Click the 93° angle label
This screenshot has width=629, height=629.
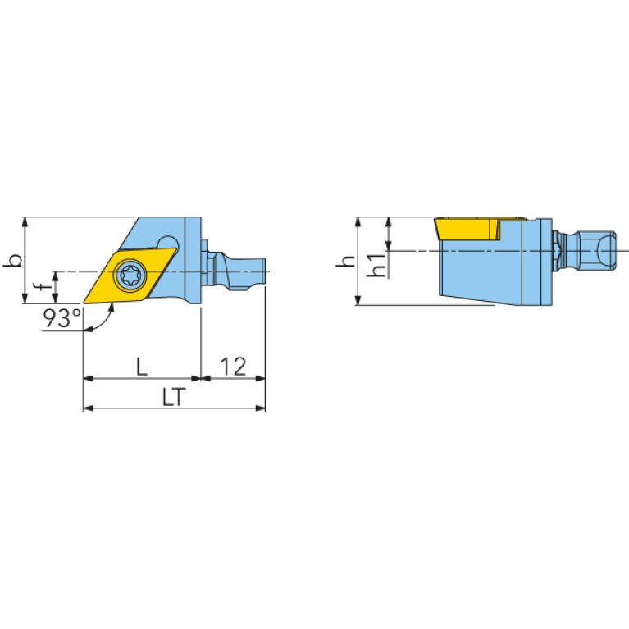[62, 318]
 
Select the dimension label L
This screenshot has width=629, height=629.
[142, 367]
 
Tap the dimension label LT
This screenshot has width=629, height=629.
[174, 397]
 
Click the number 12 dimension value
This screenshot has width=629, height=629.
[233, 367]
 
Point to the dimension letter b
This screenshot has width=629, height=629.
[12, 260]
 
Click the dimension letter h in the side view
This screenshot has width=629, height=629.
[345, 261]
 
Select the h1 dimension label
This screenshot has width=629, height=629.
[376, 265]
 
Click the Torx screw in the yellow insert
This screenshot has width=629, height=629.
[130, 274]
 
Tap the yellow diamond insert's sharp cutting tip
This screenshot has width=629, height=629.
[84, 303]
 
